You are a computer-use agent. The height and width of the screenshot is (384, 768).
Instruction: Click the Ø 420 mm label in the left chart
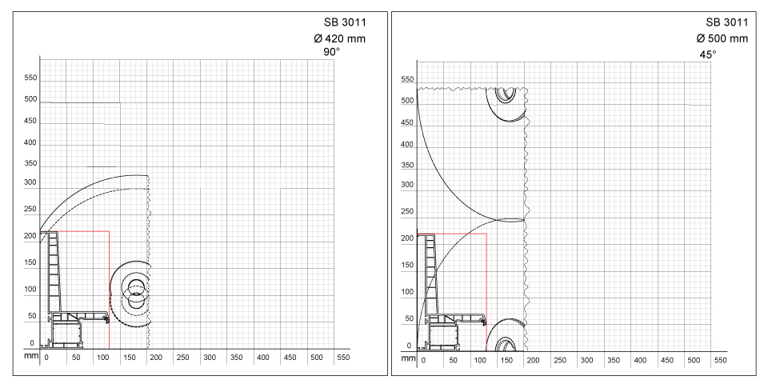tap(339, 38)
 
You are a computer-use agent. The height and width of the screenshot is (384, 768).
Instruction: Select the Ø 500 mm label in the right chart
tap(722, 38)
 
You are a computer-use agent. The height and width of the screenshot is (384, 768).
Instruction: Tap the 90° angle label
tap(331, 52)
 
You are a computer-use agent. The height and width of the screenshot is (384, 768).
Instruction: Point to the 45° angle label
tap(707, 54)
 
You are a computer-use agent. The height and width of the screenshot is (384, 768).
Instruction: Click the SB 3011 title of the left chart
tap(345, 22)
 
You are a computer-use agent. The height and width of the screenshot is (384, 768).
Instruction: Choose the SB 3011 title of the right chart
tap(727, 22)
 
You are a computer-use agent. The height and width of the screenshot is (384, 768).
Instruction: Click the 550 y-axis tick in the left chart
tap(30, 78)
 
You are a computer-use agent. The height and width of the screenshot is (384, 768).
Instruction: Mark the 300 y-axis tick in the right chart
tap(407, 185)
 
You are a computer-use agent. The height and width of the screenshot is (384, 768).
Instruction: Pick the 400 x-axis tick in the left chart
tap(263, 358)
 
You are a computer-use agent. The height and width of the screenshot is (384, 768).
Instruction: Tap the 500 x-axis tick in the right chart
tap(694, 361)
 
